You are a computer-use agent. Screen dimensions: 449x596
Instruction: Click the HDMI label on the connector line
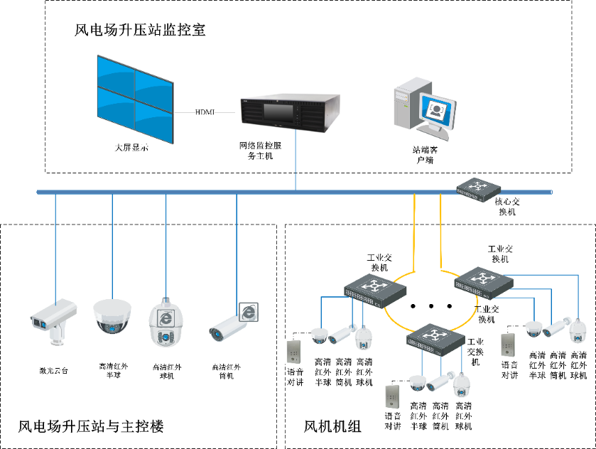205,112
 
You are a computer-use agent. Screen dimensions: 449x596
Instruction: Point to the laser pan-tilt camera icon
53,316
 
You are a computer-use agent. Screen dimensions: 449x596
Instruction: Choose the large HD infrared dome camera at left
113,316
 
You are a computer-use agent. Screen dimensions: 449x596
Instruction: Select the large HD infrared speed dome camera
165,323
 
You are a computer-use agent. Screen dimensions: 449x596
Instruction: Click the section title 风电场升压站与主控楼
91,427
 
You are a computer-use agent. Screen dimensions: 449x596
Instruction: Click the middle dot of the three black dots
432,306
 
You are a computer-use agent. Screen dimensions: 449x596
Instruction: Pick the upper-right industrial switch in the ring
484,279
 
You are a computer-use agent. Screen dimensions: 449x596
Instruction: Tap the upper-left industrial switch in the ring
374,288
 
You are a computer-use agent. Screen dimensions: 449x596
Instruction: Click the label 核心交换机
507,207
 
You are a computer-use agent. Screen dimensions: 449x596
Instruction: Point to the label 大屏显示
131,148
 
